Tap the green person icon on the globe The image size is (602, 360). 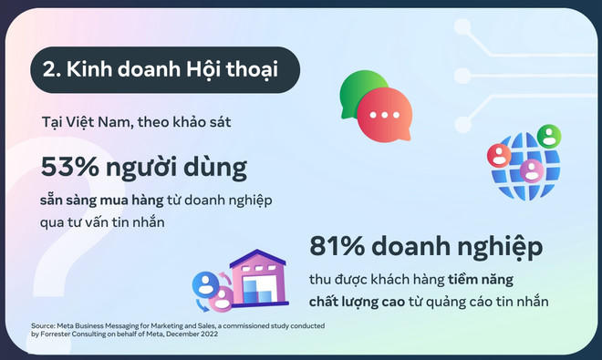(x=548, y=137)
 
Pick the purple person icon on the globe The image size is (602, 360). (x=532, y=170)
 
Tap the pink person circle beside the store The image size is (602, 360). (x=221, y=298)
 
